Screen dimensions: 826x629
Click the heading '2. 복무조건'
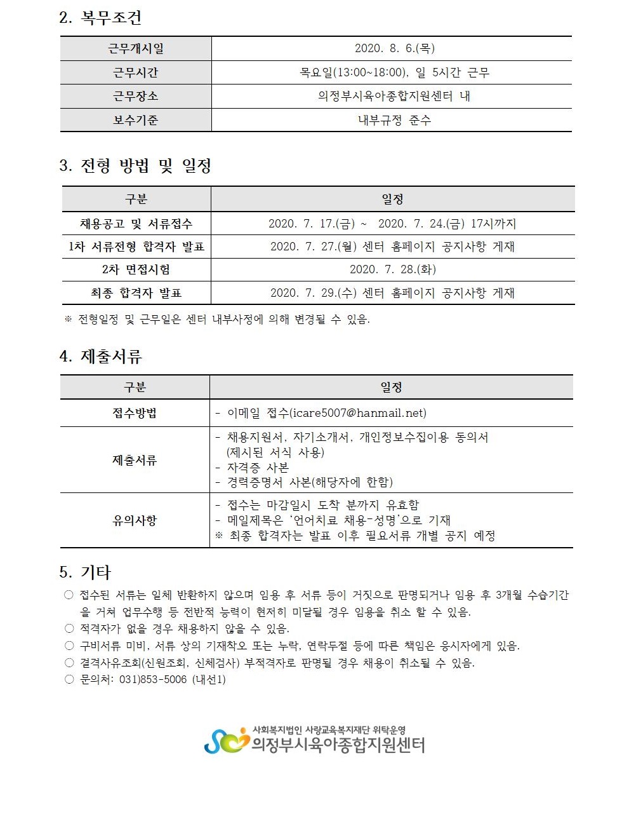[x=100, y=18]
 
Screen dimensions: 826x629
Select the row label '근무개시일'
[x=135, y=49]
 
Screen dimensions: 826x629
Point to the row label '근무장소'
[x=135, y=97]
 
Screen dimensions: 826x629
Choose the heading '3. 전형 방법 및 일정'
[x=135, y=166]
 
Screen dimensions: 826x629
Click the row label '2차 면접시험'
[x=136, y=269]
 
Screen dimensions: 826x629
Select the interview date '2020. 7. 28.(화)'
[x=392, y=269]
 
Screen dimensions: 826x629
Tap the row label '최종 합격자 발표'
[x=136, y=293]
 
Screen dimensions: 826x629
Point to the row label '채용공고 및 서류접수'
[x=136, y=224]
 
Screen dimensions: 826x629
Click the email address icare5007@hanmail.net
[x=357, y=413]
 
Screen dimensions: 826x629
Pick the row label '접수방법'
[x=135, y=413]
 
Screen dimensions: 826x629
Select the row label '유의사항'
[x=135, y=520]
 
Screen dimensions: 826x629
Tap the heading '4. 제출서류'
[x=100, y=356]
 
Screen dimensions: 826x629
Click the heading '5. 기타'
[x=84, y=572]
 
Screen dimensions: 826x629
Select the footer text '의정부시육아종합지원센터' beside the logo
[x=338, y=745]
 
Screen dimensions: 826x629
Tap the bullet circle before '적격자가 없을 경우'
[x=69, y=628]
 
